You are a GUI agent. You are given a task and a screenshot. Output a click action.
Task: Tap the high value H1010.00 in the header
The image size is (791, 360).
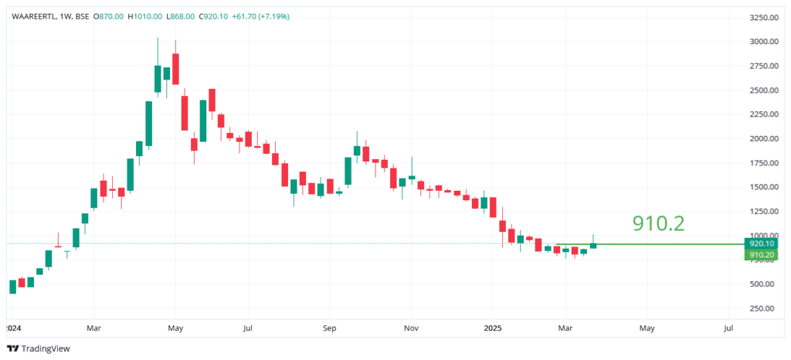pyautogui.click(x=144, y=16)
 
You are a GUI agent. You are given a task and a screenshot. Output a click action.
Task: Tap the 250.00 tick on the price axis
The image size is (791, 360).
pyautogui.click(x=762, y=308)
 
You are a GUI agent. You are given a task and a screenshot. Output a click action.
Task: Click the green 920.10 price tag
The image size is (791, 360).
pyautogui.click(x=762, y=243)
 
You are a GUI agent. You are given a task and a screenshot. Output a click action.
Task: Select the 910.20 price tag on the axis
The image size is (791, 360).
pyautogui.click(x=762, y=254)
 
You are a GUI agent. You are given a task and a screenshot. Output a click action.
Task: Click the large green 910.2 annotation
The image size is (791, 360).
pyautogui.click(x=658, y=223)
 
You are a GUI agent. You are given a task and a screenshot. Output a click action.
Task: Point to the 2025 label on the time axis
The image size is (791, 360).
pyautogui.click(x=494, y=328)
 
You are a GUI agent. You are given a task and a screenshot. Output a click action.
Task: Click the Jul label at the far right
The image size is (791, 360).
pyautogui.click(x=729, y=328)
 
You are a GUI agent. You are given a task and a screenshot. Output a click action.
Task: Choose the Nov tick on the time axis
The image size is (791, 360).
pyautogui.click(x=411, y=328)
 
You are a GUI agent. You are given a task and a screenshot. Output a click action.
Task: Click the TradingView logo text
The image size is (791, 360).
pyautogui.click(x=46, y=348)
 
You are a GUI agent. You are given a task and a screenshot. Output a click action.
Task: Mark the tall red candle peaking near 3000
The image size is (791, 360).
pyautogui.click(x=176, y=69)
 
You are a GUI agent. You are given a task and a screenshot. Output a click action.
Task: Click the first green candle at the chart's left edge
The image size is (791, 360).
pyautogui.click(x=12, y=287)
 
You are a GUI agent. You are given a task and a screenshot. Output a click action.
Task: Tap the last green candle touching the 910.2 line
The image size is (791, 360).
pyautogui.click(x=593, y=246)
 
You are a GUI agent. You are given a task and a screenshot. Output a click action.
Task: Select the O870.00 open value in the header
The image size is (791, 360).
pyautogui.click(x=108, y=16)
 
